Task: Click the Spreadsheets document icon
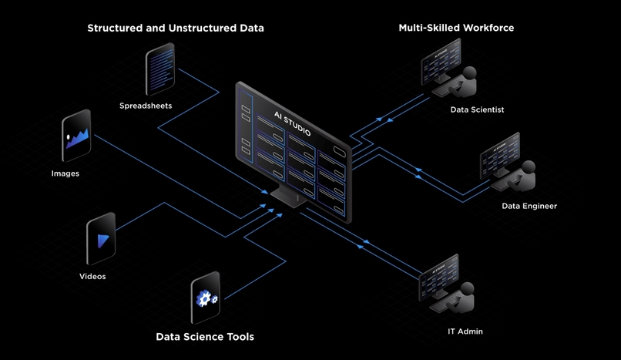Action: tap(159, 69)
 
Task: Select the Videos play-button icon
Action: tap(101, 239)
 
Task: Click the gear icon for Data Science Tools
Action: tap(206, 298)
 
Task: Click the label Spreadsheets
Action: tap(146, 106)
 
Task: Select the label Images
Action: tap(65, 173)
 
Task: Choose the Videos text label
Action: tap(92, 276)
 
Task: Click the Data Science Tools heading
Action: tap(205, 337)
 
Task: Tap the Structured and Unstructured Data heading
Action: tap(176, 28)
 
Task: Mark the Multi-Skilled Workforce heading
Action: tap(456, 28)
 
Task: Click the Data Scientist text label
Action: tap(477, 109)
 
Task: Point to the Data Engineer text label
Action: tap(529, 206)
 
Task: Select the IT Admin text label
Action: tap(465, 331)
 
